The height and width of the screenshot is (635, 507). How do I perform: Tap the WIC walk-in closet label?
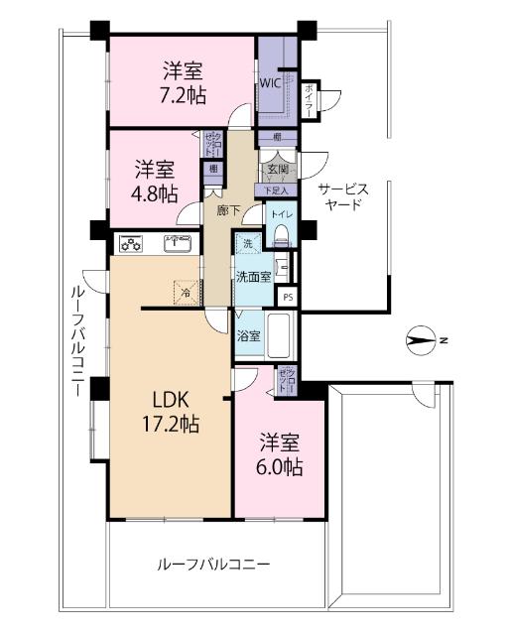(x=270, y=83)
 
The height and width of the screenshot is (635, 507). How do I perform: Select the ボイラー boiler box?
(x=311, y=100)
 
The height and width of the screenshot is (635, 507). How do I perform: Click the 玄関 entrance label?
(x=278, y=170)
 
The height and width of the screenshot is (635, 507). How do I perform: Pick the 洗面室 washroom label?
(x=252, y=277)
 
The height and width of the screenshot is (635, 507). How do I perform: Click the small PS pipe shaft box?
(x=288, y=297)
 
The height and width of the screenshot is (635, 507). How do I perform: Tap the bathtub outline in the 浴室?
(x=282, y=336)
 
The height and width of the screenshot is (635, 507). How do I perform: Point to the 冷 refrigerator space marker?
(x=186, y=291)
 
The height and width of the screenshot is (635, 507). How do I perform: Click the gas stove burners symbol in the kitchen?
(x=132, y=242)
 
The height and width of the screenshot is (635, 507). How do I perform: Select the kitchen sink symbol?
(x=178, y=242)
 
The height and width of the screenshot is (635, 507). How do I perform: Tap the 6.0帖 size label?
(x=282, y=465)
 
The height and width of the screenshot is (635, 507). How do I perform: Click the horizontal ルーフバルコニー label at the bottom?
(x=213, y=565)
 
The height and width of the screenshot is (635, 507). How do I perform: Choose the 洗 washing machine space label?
(x=246, y=244)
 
